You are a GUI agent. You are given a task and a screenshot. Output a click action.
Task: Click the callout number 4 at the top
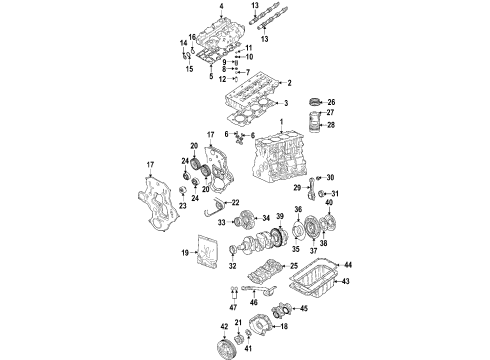pos(218,6)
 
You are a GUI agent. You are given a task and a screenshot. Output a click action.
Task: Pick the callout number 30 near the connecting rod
pos(330,178)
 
